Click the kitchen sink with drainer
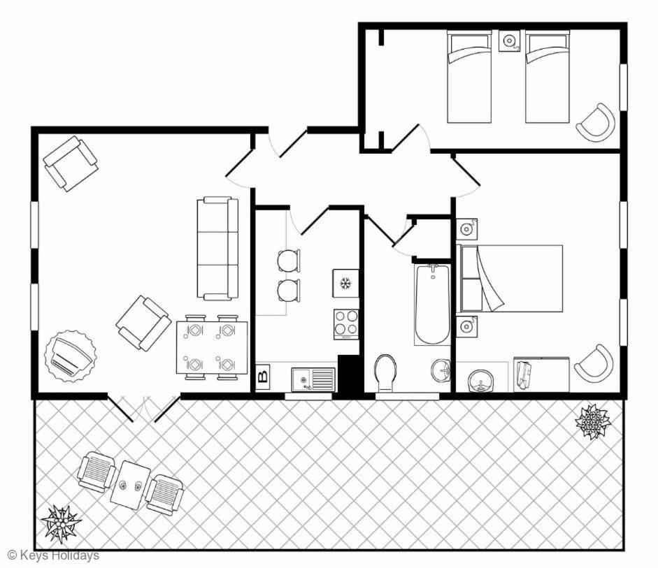pos(313,379)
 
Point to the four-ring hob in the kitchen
pos(347,324)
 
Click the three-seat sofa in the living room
pos(217,249)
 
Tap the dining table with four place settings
pos(212,347)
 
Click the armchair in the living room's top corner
pos(71,163)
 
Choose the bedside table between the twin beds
pos(509,41)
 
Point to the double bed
pos(510,278)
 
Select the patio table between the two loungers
pos(130,485)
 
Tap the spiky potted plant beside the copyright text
pos(62,524)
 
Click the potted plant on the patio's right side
pos(593,421)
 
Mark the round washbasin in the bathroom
pos(441,370)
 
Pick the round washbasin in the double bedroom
pos(481,381)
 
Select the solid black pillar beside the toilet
pos(350,374)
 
